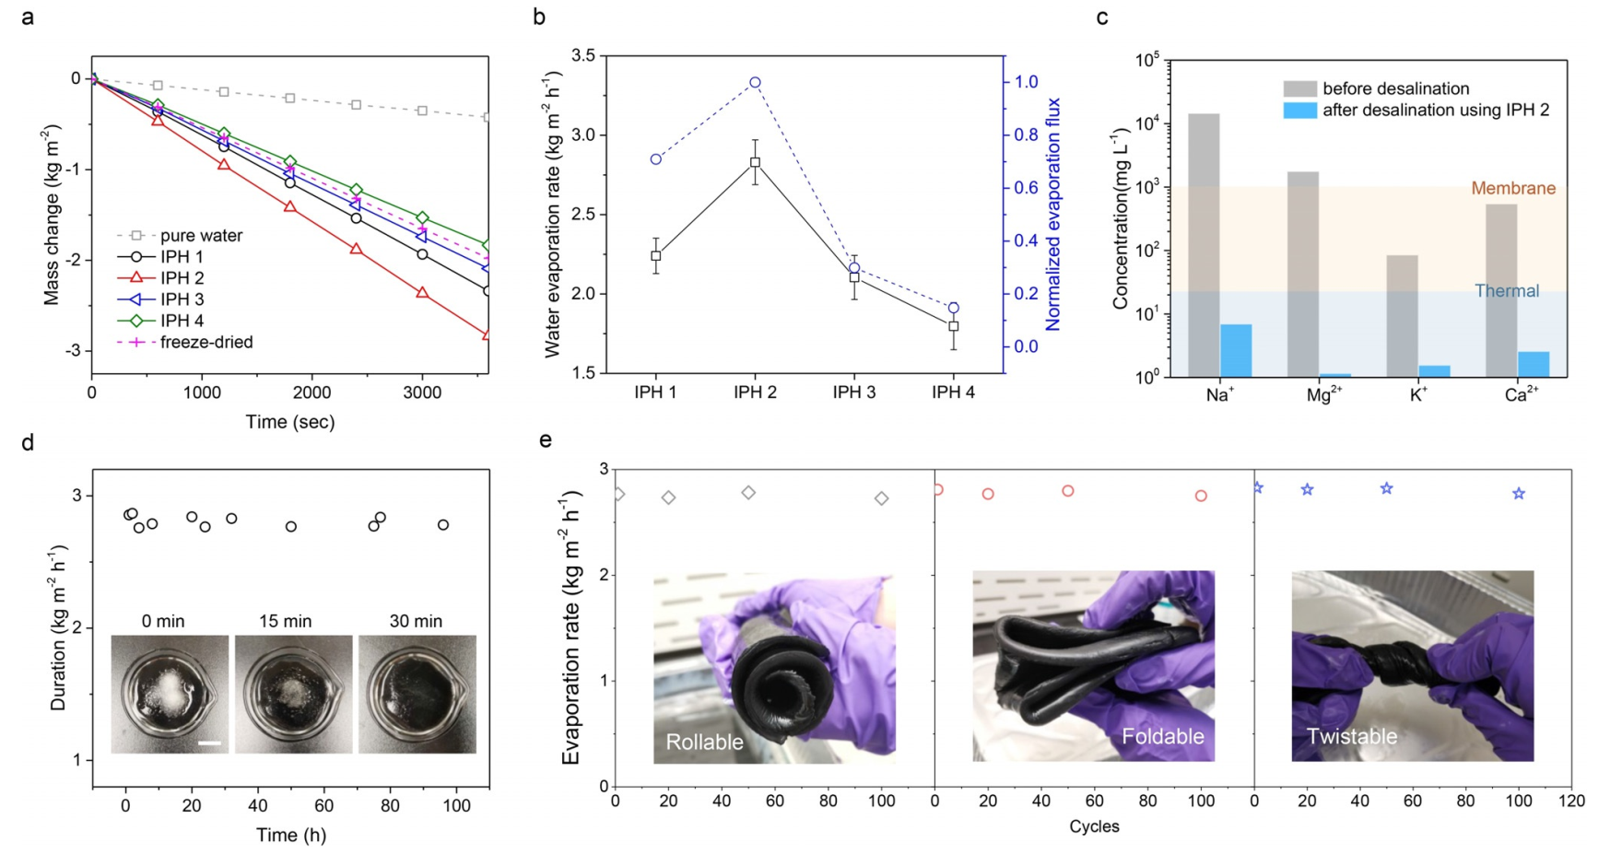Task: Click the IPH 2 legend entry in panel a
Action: (182, 278)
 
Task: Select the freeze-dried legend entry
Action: (206, 343)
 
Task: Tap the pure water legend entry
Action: (201, 236)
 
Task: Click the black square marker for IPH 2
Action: (755, 162)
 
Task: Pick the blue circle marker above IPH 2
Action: (755, 83)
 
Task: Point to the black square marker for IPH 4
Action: (954, 326)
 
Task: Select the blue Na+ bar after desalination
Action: (1236, 350)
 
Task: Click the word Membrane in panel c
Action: (1512, 189)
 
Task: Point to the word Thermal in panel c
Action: (1506, 291)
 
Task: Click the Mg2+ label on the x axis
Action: (1323, 394)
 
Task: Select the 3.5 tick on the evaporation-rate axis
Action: (582, 56)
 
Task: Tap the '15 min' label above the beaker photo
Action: (285, 622)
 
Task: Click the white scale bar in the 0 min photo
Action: (209, 743)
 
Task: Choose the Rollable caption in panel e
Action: (704, 743)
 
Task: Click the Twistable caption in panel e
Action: (1351, 737)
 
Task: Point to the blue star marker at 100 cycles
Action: (1519, 494)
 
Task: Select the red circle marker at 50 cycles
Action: (1068, 491)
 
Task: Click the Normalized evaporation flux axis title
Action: (1052, 214)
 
